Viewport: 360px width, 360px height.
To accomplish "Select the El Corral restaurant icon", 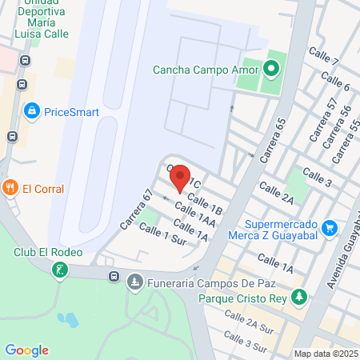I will [x=10, y=189].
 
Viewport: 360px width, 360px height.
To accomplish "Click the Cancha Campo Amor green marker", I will [x=270, y=69].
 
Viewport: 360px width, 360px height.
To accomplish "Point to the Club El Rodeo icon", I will [x=59, y=270].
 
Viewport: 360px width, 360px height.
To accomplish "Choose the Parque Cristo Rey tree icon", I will [x=298, y=298].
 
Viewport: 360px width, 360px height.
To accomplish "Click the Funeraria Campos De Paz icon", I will [x=136, y=282].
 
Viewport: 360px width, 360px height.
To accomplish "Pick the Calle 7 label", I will [x=323, y=58].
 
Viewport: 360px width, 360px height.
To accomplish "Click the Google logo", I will [x=26, y=350].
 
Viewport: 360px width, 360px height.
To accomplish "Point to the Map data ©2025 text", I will [x=326, y=354].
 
